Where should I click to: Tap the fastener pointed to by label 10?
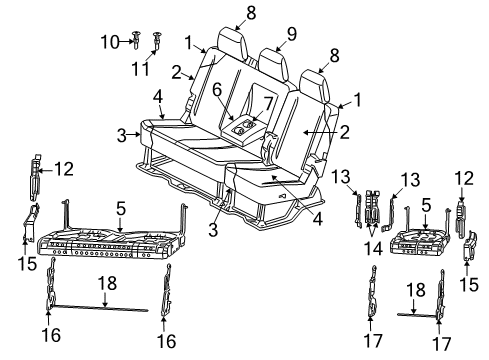tap(135, 40)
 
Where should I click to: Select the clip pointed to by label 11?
tap(158, 40)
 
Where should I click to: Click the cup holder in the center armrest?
tap(241, 127)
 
